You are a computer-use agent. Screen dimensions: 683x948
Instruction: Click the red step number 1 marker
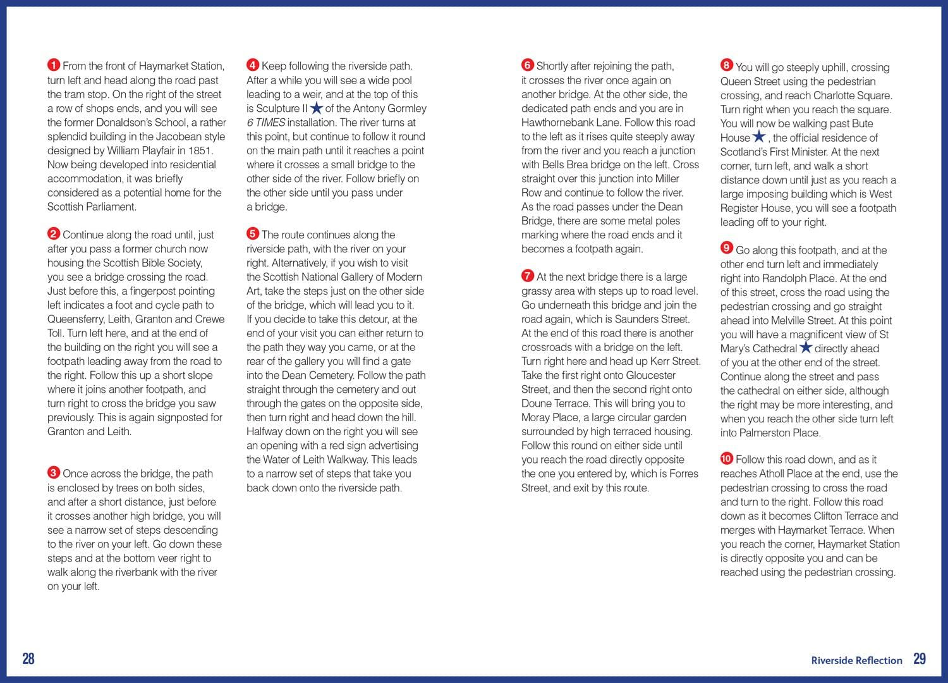(x=54, y=65)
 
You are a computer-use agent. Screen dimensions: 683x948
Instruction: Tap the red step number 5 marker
(x=253, y=234)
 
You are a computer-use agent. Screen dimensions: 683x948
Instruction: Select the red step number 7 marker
(x=528, y=276)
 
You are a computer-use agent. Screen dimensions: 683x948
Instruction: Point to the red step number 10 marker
(x=727, y=458)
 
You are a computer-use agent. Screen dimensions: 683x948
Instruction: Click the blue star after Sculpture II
(x=317, y=108)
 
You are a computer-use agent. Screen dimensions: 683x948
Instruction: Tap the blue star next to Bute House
(x=759, y=137)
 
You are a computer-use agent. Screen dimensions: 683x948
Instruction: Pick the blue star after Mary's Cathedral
(x=806, y=347)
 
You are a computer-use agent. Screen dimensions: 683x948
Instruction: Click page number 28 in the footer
(x=28, y=659)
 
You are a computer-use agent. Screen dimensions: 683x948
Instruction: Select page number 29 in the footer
(x=920, y=659)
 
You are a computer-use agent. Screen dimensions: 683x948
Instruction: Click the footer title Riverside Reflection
(x=856, y=660)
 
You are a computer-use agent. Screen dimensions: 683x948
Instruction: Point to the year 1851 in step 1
(x=202, y=151)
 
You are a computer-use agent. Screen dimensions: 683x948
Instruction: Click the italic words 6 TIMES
(x=266, y=123)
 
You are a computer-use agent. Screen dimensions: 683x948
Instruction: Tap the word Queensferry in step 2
(x=75, y=319)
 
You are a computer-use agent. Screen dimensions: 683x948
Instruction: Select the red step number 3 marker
(x=54, y=472)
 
